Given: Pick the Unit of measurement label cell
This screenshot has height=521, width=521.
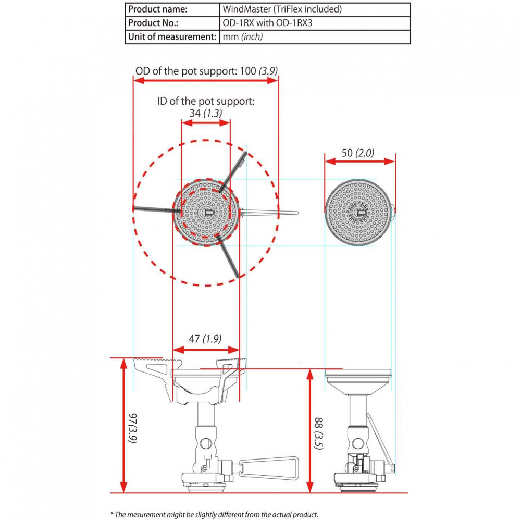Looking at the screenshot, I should [x=172, y=36].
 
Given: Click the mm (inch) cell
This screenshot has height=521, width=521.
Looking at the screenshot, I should [x=242, y=36].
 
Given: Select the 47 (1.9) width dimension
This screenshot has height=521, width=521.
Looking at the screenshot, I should [x=205, y=338].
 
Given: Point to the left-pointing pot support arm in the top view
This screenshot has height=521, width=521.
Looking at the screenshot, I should [x=154, y=209].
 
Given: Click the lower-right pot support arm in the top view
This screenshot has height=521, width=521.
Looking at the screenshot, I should [x=230, y=259].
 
